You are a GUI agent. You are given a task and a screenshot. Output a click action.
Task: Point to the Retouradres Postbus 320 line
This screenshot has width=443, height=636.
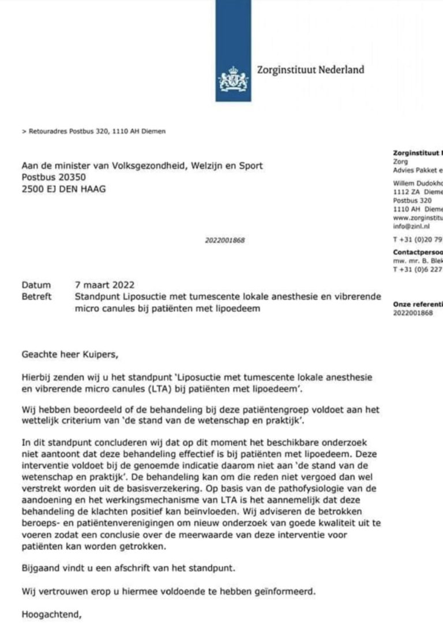click(x=93, y=131)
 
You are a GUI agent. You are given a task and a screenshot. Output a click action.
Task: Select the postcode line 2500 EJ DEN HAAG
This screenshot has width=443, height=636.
click(x=63, y=189)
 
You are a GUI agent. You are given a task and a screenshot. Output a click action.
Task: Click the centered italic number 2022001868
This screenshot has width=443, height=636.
click(x=225, y=240)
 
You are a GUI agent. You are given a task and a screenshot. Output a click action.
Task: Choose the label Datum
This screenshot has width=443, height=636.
click(x=36, y=285)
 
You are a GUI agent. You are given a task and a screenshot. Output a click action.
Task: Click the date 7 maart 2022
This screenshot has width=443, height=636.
click(x=104, y=285)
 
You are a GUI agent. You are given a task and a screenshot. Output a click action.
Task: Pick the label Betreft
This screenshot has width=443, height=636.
click(x=36, y=296)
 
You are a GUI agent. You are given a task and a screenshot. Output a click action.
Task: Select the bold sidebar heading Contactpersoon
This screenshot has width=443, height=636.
click(x=417, y=252)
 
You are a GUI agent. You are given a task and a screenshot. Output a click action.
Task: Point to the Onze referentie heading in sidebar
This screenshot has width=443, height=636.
click(x=417, y=304)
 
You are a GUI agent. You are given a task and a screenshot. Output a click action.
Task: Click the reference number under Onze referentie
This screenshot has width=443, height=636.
click(x=412, y=313)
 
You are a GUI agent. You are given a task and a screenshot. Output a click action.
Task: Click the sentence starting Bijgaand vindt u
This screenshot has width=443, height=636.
click(x=120, y=567)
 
